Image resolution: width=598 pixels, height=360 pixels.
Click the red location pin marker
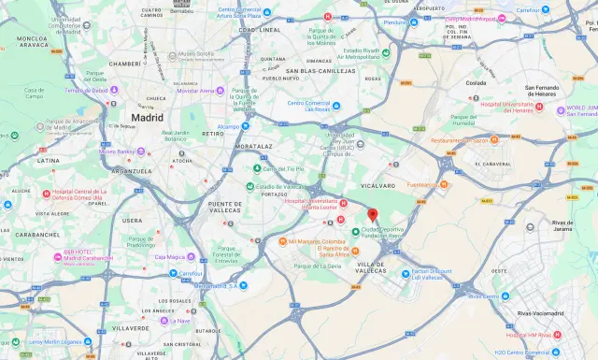pos(372,214)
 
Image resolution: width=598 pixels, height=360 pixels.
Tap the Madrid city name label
pos(147,119)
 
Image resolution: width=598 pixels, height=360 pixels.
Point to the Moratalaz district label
pos(254,147)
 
